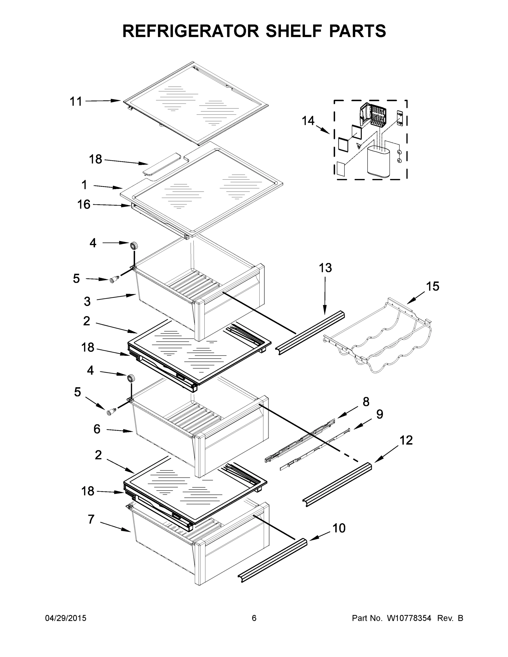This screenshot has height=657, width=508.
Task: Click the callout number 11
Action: point(76,101)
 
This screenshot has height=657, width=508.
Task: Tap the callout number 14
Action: point(308,121)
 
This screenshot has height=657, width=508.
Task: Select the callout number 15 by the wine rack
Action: point(432,286)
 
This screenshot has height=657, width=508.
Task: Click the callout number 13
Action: point(325,268)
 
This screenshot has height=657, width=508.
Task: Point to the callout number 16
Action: point(84,204)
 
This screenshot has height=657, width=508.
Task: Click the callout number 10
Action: point(339,528)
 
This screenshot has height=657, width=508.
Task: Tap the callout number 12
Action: point(406,440)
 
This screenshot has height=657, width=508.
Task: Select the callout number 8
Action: point(366,402)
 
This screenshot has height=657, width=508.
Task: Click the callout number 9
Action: point(380,414)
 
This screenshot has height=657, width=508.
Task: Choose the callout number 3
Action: point(87,301)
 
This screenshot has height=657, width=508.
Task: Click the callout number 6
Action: point(97,429)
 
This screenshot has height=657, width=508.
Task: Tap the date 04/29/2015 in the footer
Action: point(66,618)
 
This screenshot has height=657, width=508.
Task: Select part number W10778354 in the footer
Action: point(409,618)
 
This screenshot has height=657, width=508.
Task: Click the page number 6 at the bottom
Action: point(254,618)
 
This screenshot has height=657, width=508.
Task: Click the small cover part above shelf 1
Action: point(161,164)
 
